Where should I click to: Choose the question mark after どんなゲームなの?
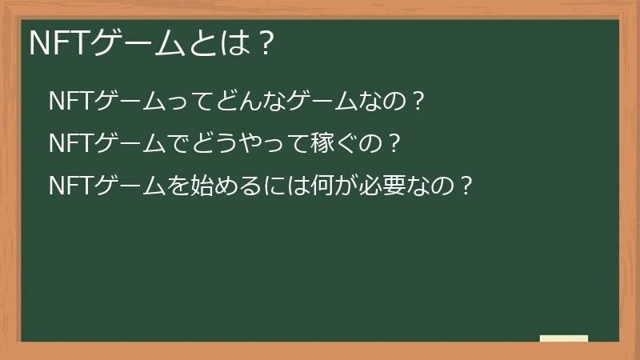[x=415, y=102]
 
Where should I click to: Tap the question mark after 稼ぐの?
[x=392, y=144]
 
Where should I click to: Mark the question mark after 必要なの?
[x=466, y=186]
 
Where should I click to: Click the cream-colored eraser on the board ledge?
[x=564, y=338]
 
